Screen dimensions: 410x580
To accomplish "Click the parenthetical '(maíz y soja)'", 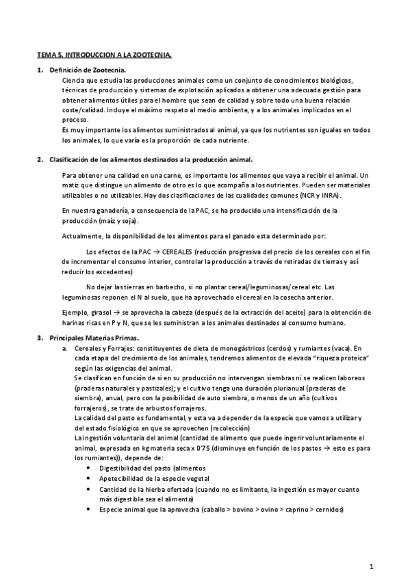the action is coord(119,221).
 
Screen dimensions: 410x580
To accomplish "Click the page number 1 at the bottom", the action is coord(371,566).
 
